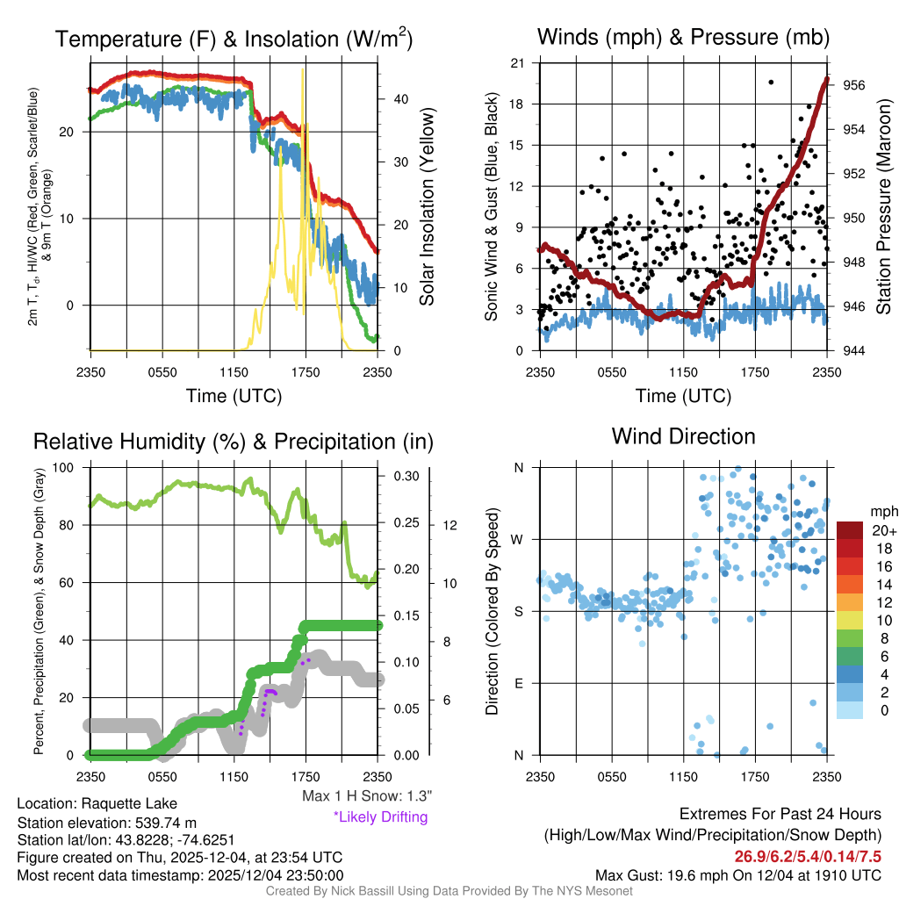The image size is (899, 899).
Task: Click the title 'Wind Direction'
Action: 683,436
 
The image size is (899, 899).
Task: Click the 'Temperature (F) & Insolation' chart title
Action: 234,40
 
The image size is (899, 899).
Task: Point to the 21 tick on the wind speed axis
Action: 518,63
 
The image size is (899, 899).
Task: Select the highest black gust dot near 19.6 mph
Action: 771,83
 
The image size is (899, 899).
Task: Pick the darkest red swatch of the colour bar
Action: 851,530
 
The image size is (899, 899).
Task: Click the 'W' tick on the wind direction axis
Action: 518,539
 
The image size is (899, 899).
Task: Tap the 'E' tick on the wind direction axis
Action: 518,683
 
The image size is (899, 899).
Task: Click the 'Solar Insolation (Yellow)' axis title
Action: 427,207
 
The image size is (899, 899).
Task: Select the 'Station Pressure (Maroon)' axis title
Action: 883,207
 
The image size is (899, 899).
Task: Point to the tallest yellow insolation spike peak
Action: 303,70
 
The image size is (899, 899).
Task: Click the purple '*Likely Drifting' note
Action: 380,816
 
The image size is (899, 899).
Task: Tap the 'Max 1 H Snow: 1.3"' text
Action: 366,796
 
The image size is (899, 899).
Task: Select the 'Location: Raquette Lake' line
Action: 97,803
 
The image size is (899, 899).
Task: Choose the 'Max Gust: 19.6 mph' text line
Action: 737,874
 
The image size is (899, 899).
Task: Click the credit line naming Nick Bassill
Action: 449,891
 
